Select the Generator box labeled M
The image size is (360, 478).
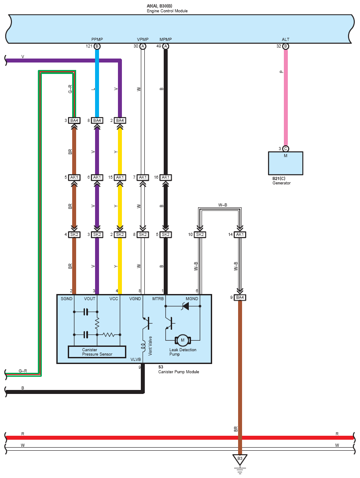286,163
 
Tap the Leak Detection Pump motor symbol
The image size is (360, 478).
183,340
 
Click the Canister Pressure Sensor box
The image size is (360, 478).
97,352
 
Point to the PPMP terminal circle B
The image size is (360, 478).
97,46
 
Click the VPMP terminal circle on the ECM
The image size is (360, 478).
143,46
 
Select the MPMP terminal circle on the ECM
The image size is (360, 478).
165,46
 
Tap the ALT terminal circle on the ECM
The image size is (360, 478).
286,46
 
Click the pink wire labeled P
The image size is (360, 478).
286,98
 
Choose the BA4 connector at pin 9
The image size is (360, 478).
240,297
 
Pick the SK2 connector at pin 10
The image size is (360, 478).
200,235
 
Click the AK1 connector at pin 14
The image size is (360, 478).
240,235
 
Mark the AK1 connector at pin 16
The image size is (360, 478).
165,177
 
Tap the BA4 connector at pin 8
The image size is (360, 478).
97,121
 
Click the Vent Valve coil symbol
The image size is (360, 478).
143,346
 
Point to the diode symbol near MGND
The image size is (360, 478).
185,306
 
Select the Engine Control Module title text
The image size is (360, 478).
167,11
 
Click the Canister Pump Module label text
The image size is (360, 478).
179,372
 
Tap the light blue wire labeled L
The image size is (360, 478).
97,83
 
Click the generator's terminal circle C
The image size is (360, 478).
286,149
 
